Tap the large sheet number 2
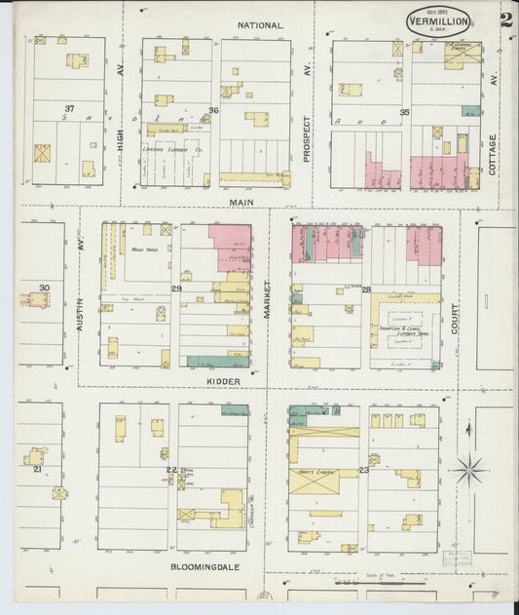(x=505, y=19)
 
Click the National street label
(x=261, y=25)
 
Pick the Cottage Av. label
(x=493, y=154)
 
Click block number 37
(x=69, y=108)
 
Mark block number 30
(x=44, y=288)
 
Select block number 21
(x=37, y=470)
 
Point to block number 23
(x=363, y=470)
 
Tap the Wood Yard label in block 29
(x=135, y=250)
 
